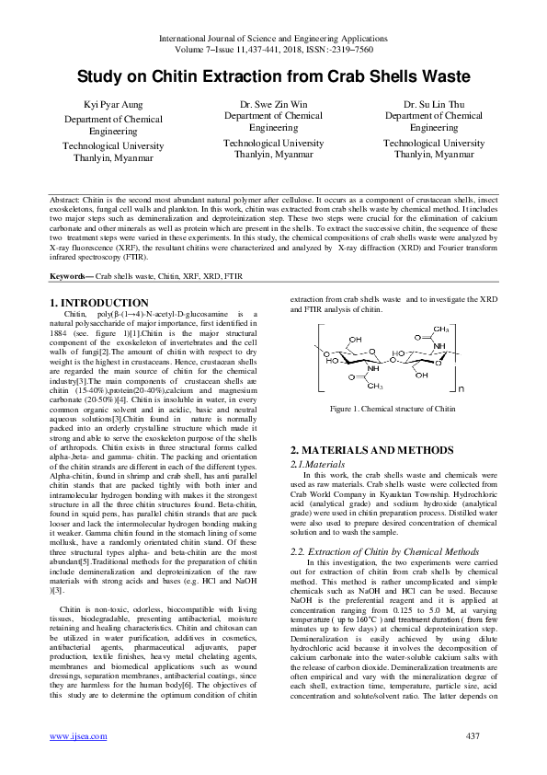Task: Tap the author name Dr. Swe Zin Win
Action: pyautogui.click(x=273, y=105)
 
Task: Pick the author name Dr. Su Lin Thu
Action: pyautogui.click(x=433, y=105)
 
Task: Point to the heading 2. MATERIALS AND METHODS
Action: pyautogui.click(x=371, y=450)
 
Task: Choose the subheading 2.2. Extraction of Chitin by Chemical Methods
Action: pyautogui.click(x=385, y=550)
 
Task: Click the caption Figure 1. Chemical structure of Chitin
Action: pyautogui.click(x=379, y=408)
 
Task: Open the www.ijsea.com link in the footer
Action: pyautogui.click(x=72, y=736)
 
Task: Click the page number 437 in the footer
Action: pyautogui.click(x=473, y=736)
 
